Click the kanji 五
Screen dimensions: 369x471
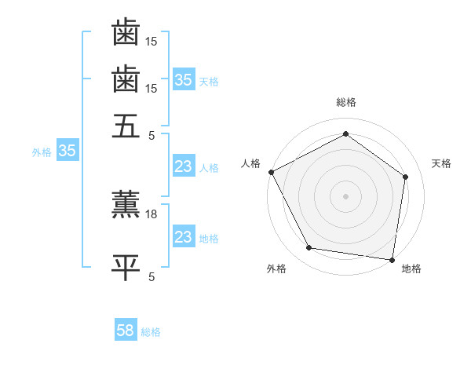(x=126, y=125)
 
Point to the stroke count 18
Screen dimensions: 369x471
(x=152, y=214)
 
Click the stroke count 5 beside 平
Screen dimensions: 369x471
(x=152, y=276)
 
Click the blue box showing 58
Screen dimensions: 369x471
(x=126, y=331)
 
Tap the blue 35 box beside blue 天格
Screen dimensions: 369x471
(x=183, y=80)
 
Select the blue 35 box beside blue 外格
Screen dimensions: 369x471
(x=67, y=152)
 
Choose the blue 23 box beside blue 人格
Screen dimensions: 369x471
(x=183, y=166)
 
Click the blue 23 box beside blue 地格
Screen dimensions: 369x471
(x=183, y=237)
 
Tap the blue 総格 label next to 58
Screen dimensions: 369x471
(x=151, y=332)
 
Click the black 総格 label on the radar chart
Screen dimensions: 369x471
(x=345, y=102)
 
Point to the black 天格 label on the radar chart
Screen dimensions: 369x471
(x=441, y=163)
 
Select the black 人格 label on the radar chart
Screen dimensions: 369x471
(x=251, y=163)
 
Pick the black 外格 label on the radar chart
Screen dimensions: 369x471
(x=276, y=269)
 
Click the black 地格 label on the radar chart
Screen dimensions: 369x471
(x=411, y=269)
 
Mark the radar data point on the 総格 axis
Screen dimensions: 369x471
(x=345, y=134)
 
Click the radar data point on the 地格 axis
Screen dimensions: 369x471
(x=392, y=258)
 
